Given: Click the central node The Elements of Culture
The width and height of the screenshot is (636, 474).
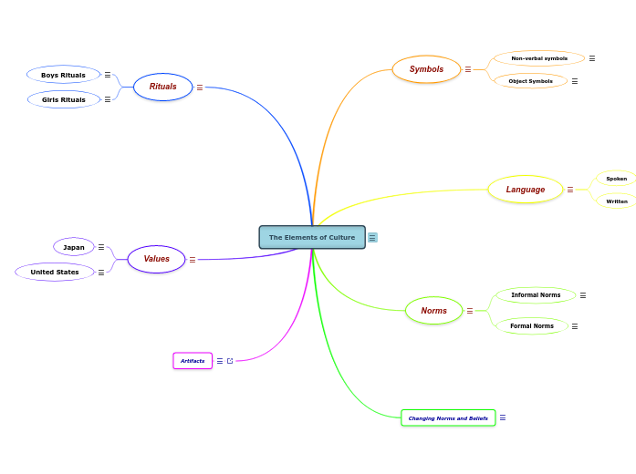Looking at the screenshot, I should (x=312, y=237).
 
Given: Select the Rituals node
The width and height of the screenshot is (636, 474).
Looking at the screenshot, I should (x=163, y=87).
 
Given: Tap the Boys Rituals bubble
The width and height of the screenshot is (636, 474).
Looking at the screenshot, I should (x=63, y=75).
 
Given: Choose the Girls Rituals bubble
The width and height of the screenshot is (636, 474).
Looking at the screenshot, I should (x=64, y=99).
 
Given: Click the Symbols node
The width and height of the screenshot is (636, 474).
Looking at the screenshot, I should (x=426, y=69).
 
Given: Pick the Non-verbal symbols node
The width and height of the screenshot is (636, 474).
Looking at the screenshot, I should (x=539, y=58).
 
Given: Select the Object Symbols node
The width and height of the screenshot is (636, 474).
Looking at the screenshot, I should (x=530, y=81).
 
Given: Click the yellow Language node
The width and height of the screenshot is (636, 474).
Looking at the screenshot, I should (x=526, y=190).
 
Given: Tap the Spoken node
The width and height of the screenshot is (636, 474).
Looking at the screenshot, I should (x=617, y=179).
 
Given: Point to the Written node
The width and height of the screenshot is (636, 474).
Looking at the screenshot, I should (x=617, y=201).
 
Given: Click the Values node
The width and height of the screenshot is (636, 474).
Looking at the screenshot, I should (x=156, y=259).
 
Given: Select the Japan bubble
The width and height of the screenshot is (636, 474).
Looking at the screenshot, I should (x=74, y=247).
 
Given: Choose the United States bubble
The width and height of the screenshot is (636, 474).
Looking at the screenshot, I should (x=55, y=272).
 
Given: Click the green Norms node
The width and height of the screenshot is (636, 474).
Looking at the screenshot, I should (x=434, y=311).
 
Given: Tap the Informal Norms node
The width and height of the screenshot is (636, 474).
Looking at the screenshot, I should (x=536, y=295).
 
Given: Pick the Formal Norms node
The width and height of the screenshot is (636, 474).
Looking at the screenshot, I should (x=532, y=325).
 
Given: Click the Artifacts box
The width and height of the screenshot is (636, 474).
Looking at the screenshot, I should (x=193, y=361).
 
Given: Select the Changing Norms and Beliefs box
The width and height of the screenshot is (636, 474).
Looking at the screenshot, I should (x=448, y=418).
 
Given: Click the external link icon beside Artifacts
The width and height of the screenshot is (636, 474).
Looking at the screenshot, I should (x=230, y=361).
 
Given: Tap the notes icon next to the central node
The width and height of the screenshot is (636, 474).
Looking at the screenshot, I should (x=372, y=238).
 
